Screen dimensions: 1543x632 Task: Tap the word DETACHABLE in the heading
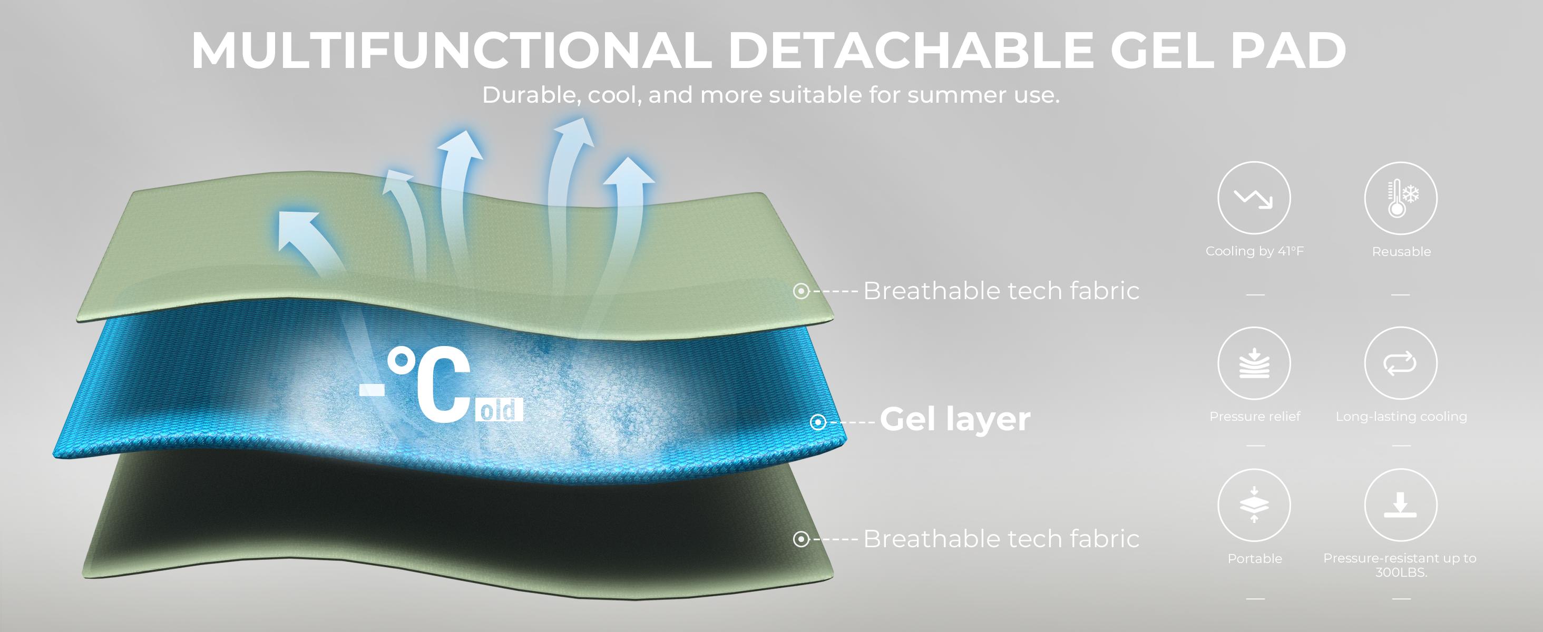tap(911, 50)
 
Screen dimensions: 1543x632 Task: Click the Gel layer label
tap(955, 419)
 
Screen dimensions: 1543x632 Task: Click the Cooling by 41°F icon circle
tap(1254, 197)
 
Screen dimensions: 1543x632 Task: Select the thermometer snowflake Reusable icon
tap(1400, 197)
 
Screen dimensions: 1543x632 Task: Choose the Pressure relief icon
tap(1254, 363)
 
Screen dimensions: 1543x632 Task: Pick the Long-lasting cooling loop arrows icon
tap(1400, 363)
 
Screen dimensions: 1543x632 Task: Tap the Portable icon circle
tap(1254, 505)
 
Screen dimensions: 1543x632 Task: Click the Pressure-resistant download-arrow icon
tap(1400, 505)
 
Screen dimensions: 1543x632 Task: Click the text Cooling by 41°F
tap(1254, 251)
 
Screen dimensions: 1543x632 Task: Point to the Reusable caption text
tap(1401, 252)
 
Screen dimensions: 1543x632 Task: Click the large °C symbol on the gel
tap(429, 384)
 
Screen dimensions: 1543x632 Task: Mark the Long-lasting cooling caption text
tap(1401, 417)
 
